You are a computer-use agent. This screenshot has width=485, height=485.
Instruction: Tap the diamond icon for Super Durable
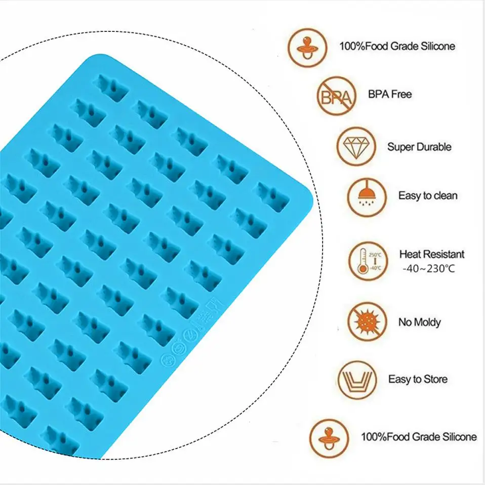click(356, 146)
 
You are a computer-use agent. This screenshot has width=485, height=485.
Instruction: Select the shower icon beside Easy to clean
click(366, 195)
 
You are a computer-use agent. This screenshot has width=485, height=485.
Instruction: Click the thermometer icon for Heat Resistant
click(368, 261)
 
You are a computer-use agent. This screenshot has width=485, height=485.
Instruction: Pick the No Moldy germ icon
click(367, 321)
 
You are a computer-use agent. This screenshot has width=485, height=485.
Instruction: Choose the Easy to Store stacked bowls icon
click(357, 380)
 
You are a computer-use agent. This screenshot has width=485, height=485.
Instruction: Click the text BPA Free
click(390, 94)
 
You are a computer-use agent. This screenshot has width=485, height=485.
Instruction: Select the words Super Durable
click(419, 147)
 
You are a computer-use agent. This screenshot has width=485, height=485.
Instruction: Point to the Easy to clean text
click(428, 195)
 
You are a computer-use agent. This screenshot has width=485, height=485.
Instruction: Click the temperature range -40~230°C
click(428, 268)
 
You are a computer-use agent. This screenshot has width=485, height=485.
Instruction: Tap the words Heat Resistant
click(432, 254)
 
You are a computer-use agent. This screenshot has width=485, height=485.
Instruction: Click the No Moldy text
click(419, 322)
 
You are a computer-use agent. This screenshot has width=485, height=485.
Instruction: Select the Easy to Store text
click(418, 379)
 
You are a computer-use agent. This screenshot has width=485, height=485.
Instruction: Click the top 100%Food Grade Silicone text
click(397, 46)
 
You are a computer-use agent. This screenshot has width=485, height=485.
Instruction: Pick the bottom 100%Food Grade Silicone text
click(419, 437)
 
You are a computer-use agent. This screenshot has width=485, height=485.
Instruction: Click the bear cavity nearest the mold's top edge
click(112, 87)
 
